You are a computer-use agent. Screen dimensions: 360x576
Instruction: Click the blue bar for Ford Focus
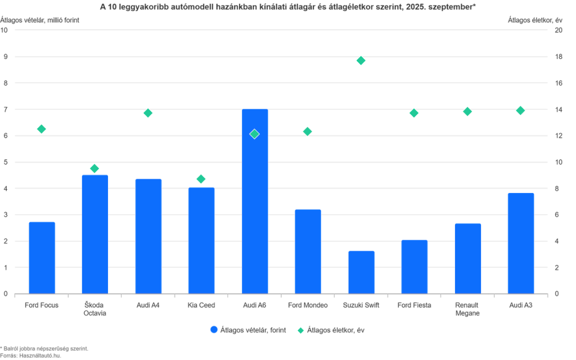[42, 257]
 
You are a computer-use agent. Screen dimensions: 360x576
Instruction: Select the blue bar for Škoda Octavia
[94, 233]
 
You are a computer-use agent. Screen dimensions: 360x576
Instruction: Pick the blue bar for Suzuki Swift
[361, 272]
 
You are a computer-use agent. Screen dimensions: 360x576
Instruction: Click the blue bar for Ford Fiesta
[414, 267]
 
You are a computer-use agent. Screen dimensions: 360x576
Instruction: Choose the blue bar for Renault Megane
[467, 258]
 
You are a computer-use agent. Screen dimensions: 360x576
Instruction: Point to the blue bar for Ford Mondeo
[308, 251]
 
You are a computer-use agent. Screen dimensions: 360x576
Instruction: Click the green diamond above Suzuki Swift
[361, 61]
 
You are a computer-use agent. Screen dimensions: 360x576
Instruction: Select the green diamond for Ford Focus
[42, 129]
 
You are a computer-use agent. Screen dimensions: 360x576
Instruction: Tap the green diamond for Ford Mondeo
[307, 131]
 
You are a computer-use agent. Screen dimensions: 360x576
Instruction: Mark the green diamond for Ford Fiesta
[414, 113]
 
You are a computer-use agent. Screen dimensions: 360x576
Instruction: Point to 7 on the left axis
[5, 110]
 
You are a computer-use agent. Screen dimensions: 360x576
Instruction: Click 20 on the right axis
[559, 30]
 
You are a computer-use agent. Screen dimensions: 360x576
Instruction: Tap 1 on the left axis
[5, 268]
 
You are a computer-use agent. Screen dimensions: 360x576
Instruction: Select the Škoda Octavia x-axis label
[94, 309]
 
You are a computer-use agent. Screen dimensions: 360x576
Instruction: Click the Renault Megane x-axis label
[467, 309]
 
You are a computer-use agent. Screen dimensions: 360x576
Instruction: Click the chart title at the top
[287, 7]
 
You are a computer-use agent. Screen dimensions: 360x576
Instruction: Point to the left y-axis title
[40, 19]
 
